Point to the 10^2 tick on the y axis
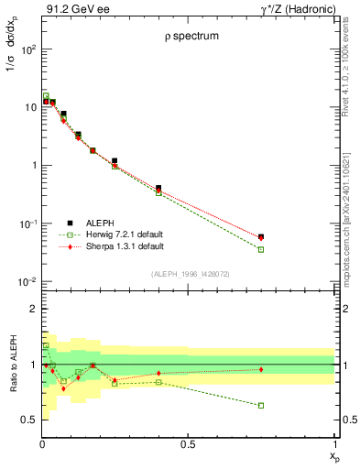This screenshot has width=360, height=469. tap(27, 49)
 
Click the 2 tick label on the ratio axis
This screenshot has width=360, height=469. tap(34, 310)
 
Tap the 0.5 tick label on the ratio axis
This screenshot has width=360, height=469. tap(29, 420)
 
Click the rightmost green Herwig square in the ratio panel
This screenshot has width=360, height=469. tap(261, 405)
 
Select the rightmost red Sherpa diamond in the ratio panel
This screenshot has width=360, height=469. tap(261, 369)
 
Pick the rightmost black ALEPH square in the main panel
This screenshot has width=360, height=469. tap(261, 236)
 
